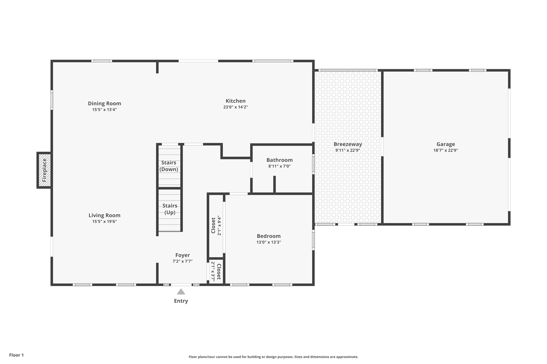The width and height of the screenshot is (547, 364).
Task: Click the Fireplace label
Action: (44, 170)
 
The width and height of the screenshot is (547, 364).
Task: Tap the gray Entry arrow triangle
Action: (181, 292)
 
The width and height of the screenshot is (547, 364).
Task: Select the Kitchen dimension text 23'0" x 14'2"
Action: (236, 107)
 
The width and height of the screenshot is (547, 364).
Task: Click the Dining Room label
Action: (104, 103)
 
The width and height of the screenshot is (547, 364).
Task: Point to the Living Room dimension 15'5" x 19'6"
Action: (104, 222)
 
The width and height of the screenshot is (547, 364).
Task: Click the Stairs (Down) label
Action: (169, 166)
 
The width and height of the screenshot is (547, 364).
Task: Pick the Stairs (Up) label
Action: (170, 209)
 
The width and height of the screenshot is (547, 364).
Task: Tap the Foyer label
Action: (182, 255)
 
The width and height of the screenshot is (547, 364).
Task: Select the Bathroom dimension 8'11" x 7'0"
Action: (279, 166)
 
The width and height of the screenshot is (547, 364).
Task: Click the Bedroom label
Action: (269, 236)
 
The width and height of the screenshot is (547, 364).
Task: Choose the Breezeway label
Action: (348, 144)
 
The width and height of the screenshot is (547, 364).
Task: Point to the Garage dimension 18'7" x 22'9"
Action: (446, 150)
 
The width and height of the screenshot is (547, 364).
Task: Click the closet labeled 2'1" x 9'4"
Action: (216, 226)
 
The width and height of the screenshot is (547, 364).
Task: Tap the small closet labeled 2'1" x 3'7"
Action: (216, 272)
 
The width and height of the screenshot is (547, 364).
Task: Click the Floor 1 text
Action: (16, 355)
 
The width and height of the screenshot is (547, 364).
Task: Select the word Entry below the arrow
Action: (181, 301)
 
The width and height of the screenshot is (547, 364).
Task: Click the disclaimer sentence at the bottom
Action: (273, 357)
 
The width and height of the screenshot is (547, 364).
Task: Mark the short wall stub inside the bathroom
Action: (274, 184)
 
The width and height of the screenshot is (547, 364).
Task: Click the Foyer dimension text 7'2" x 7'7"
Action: (182, 261)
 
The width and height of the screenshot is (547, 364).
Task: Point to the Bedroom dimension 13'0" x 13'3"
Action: (269, 242)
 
